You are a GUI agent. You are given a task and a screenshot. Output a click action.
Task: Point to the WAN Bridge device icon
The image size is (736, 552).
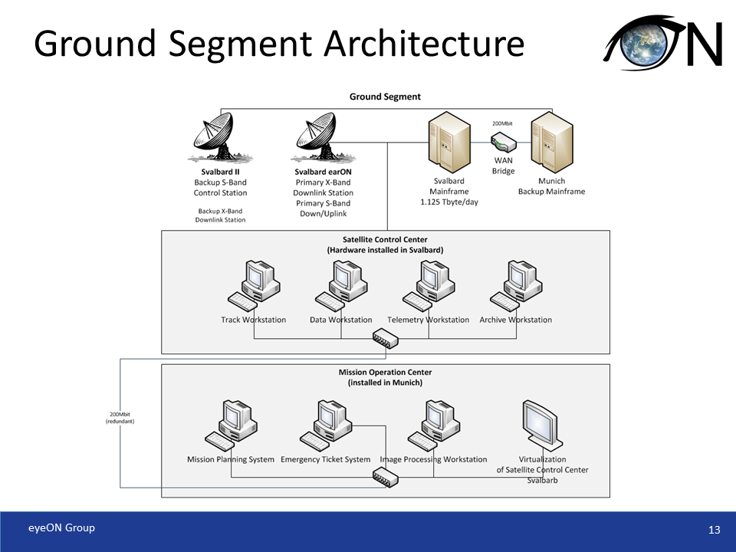pos(503,143)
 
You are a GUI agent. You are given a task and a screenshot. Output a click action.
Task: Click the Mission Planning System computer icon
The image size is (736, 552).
pos(229,425)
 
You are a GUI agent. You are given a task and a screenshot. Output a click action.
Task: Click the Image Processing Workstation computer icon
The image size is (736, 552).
pos(433,425)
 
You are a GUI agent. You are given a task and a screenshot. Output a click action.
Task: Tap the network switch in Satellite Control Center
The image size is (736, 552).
pos(386,337)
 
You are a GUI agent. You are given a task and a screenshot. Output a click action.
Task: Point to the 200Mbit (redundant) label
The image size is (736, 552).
pos(120,418)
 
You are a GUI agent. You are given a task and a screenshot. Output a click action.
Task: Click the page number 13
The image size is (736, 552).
pos(715,531)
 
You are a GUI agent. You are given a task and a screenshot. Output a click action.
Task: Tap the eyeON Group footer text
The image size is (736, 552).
pos(62,527)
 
